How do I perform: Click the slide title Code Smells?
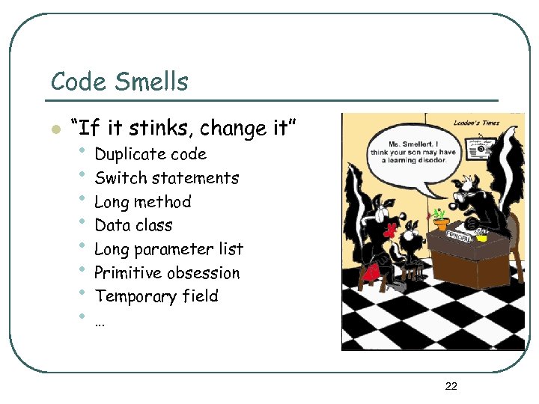[119, 81]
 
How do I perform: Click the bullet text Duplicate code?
[150, 154]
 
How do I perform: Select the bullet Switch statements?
[166, 178]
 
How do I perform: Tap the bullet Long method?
[142, 202]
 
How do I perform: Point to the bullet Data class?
[133, 225]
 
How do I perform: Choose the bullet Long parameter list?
[168, 249]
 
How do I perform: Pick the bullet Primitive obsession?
[167, 273]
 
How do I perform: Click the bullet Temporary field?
[156, 296]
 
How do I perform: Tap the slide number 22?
[451, 386]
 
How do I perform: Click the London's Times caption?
[478, 122]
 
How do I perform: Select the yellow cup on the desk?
[482, 238]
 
